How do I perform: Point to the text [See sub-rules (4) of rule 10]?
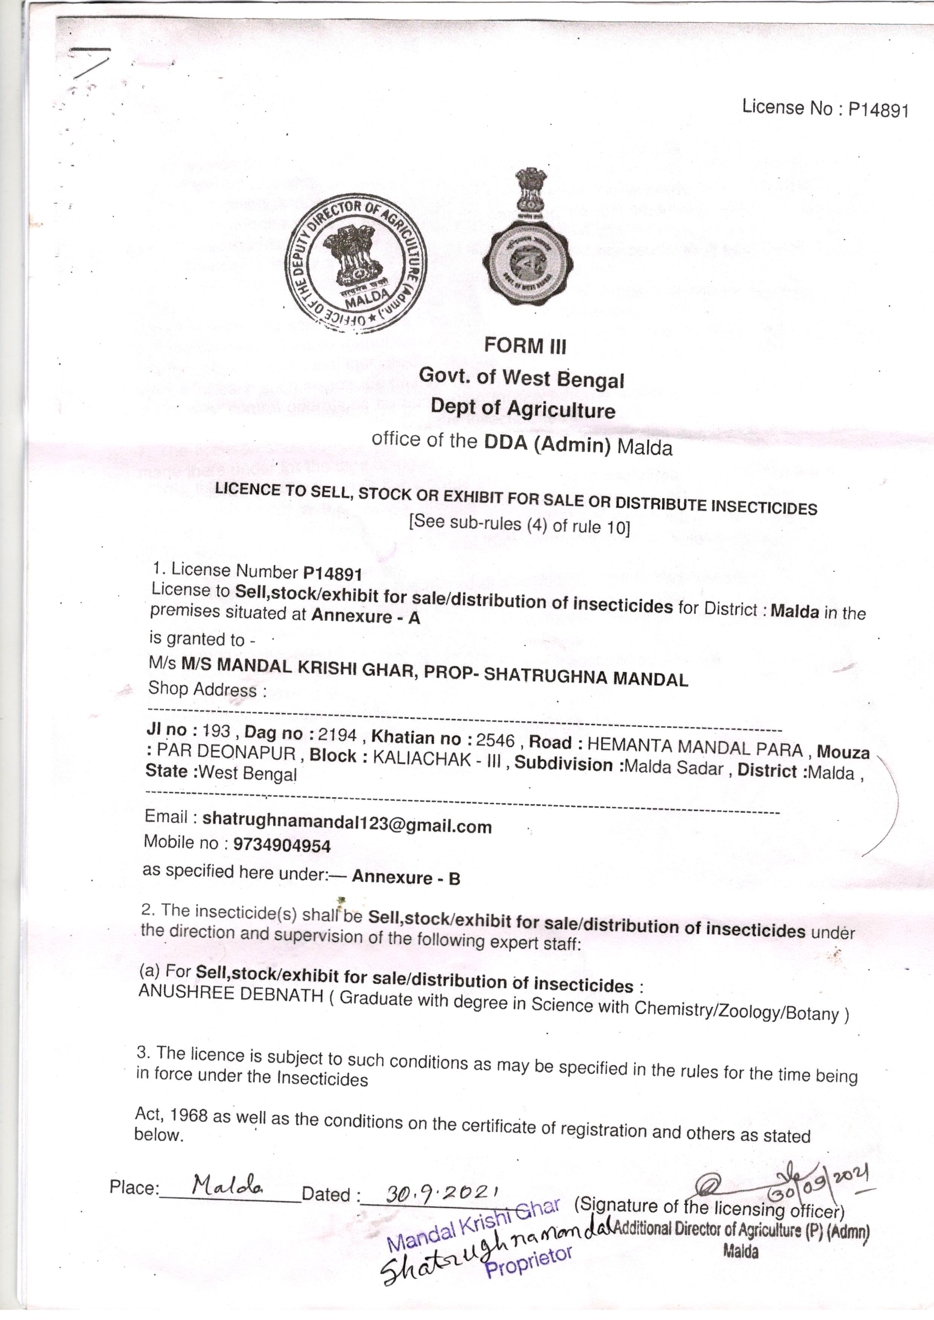coord(520,524)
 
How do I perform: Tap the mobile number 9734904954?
coord(282,845)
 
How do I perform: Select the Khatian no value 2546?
coord(495,740)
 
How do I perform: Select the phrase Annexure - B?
coord(406,877)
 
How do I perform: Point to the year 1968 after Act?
coord(189,1115)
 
